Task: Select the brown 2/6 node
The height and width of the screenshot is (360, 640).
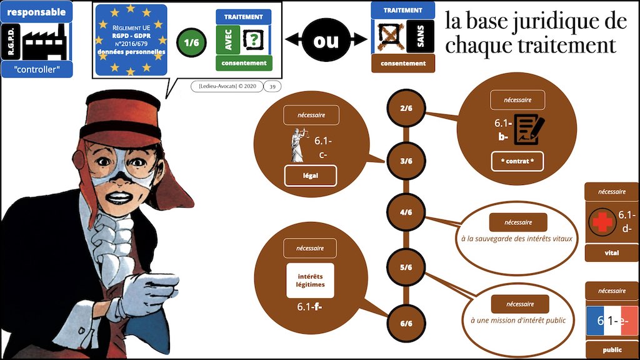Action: (406, 108)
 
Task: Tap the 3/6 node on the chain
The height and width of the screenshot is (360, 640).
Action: (406, 161)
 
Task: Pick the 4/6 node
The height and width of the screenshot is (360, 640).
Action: (406, 212)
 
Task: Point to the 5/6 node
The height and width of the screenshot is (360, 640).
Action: (406, 267)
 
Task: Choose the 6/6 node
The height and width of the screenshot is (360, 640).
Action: (406, 323)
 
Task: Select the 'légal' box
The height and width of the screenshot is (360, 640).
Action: (310, 176)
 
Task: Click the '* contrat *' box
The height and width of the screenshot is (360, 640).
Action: (516, 161)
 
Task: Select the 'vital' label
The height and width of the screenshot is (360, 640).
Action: (611, 253)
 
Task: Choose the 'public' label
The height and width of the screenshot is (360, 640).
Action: (611, 349)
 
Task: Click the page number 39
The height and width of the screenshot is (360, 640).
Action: (272, 87)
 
